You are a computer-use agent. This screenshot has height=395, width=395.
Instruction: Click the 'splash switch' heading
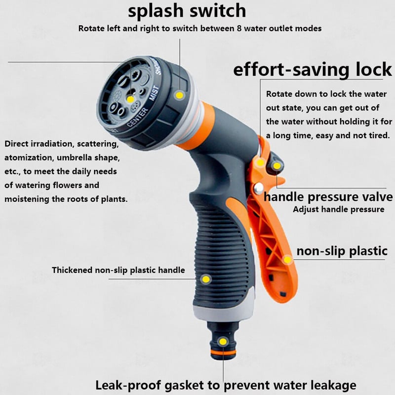click(187, 11)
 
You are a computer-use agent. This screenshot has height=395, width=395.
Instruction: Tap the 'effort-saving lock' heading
click(313, 70)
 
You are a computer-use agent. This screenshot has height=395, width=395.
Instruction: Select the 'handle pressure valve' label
click(328, 197)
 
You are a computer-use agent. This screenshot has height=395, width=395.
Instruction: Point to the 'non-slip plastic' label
click(342, 251)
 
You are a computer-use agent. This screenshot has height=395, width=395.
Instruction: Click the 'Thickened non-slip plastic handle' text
click(118, 270)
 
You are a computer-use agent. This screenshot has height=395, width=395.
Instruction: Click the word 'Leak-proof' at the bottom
click(128, 385)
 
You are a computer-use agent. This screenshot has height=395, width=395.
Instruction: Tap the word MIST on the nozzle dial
click(154, 93)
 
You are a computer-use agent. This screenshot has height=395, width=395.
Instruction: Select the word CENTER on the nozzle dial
click(137, 117)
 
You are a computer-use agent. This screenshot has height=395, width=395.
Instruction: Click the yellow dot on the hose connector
click(223, 342)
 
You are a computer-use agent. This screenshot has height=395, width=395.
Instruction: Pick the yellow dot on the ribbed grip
click(206, 279)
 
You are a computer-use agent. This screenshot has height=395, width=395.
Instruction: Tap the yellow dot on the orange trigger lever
click(287, 259)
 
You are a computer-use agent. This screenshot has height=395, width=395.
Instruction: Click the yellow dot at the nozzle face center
click(130, 99)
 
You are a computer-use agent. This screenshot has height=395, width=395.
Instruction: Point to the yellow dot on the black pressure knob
click(277, 166)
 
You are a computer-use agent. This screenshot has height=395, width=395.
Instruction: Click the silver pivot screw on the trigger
click(259, 188)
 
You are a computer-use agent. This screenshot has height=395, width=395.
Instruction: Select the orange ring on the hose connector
click(223, 352)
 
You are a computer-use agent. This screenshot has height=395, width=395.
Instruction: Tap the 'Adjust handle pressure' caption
click(339, 209)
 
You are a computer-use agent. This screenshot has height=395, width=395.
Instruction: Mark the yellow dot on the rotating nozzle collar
click(179, 95)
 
